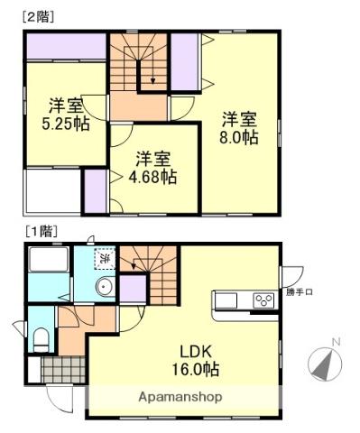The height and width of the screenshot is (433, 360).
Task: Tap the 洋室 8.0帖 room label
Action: click(238, 128)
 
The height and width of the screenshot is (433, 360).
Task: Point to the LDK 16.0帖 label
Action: click(195, 360)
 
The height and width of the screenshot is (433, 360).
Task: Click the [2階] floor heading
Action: click(38, 17)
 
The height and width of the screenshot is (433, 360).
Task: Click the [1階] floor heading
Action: click(42, 231)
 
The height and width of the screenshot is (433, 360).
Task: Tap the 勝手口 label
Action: click(299, 291)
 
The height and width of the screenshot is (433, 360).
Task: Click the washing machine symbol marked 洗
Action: click(105, 258)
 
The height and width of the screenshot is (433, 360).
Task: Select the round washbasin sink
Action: click(105, 287)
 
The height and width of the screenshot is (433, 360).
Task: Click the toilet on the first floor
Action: click(42, 339)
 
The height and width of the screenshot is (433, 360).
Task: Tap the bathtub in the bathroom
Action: click(49, 260)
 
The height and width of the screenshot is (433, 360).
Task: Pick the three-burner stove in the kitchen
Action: click(263, 299)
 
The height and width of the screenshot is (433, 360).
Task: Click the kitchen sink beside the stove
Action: click(226, 300)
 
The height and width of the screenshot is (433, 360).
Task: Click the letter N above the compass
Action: click(336, 342)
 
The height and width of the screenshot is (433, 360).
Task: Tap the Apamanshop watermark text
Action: click(180, 397)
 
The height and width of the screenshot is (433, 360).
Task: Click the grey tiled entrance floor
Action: click(63, 370)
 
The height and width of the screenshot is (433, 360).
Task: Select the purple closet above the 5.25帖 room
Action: click(66, 46)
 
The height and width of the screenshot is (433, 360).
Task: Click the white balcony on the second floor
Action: click(52, 191)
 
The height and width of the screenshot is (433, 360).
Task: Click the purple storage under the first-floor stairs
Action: click(133, 289)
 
